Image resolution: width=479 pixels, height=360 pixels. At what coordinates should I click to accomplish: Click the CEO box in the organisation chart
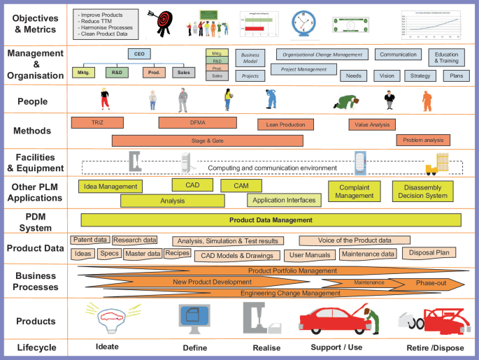click(x=138, y=54)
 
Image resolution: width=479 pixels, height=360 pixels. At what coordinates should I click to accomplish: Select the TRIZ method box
click(x=97, y=122)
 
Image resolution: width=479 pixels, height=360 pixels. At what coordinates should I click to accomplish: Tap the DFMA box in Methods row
click(x=197, y=122)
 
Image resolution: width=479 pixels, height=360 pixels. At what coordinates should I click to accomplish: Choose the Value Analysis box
click(x=371, y=124)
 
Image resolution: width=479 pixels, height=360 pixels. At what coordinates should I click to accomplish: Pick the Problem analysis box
click(x=423, y=140)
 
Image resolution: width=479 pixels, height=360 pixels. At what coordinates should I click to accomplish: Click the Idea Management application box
click(x=110, y=187)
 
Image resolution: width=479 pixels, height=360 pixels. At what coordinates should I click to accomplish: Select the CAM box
click(x=241, y=185)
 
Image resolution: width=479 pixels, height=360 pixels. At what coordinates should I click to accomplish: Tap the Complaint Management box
click(x=355, y=192)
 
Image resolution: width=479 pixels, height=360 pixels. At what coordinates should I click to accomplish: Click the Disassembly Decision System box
click(x=422, y=192)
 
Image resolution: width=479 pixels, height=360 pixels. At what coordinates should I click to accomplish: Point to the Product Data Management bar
click(x=271, y=220)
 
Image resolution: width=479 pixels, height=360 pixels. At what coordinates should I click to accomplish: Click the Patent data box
click(x=90, y=240)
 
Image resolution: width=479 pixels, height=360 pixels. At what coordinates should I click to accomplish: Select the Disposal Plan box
click(x=429, y=252)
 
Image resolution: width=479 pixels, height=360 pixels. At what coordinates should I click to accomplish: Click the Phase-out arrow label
click(x=431, y=283)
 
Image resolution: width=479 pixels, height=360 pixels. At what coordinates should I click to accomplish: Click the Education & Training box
click(x=446, y=57)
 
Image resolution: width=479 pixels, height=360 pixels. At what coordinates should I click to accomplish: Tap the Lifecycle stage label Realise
click(x=266, y=347)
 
